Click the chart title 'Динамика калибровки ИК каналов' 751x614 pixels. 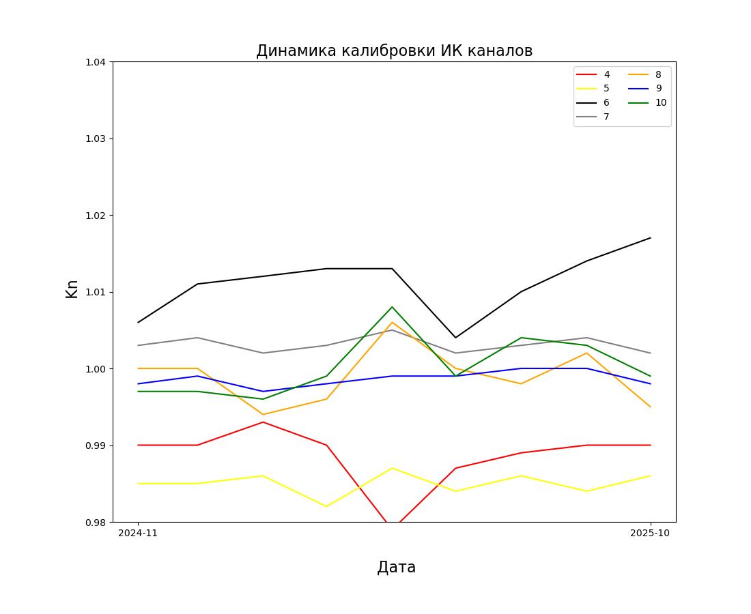pyautogui.click(x=394, y=50)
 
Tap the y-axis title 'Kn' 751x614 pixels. pyautogui.click(x=72, y=289)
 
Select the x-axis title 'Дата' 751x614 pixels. pyautogui.click(x=396, y=567)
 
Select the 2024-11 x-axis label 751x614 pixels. pyautogui.click(x=138, y=533)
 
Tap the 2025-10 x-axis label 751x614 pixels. pyautogui.click(x=650, y=533)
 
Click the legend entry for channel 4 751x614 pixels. pyautogui.click(x=593, y=74)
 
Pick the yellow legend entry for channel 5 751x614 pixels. pyautogui.click(x=593, y=89)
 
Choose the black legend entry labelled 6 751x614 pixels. pyautogui.click(x=593, y=103)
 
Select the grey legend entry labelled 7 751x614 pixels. pyautogui.click(x=593, y=117)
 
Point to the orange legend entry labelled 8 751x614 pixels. pyautogui.click(x=644, y=74)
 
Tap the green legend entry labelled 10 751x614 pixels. pyautogui.click(x=647, y=103)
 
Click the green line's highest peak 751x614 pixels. pyautogui.click(x=393, y=307)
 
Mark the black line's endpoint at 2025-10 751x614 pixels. pyautogui.click(x=651, y=238)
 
